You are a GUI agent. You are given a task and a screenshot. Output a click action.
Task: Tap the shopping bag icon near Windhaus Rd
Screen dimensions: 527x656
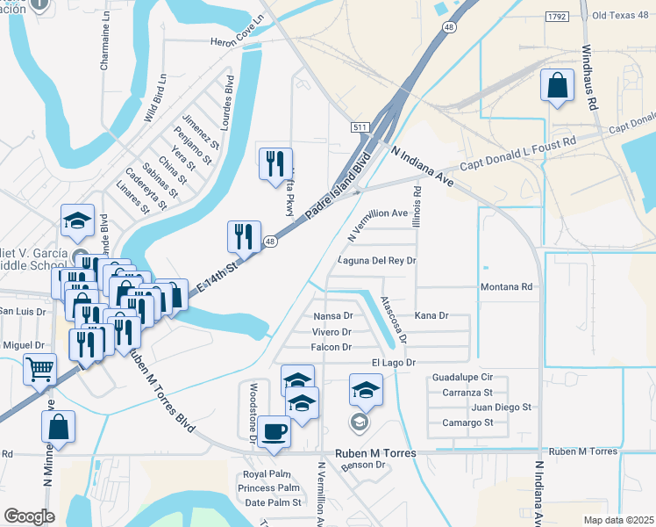(557, 86)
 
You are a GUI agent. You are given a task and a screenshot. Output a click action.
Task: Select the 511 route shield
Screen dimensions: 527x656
(360, 127)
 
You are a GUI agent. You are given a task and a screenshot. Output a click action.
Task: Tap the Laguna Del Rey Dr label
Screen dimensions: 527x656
(377, 261)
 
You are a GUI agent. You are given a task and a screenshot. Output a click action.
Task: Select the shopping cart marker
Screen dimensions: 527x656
(39, 369)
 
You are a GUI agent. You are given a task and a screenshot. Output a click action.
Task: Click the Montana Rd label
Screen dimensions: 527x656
(507, 287)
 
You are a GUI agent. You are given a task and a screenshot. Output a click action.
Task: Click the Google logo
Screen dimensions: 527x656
(29, 516)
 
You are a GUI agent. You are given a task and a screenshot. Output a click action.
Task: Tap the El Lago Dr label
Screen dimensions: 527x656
(393, 362)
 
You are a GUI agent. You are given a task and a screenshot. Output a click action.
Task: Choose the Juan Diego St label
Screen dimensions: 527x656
(502, 408)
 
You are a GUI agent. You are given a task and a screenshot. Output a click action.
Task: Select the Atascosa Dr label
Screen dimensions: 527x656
(394, 319)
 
